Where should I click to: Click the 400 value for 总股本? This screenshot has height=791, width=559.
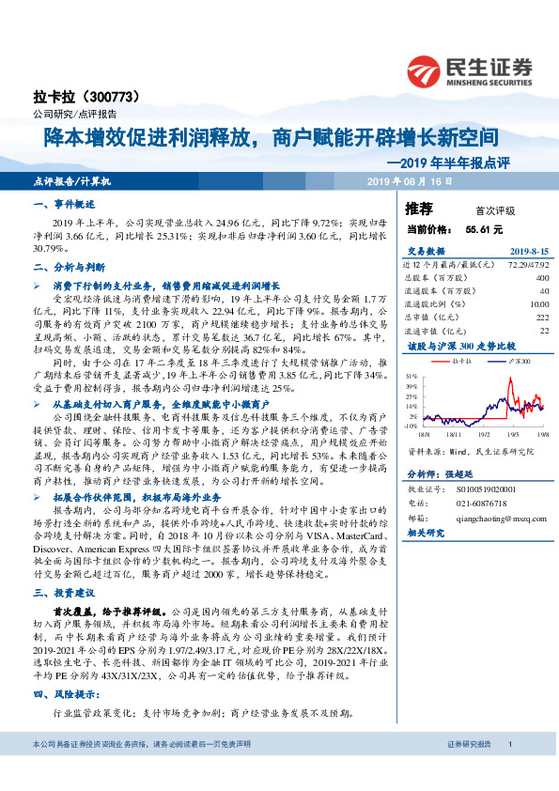coord(541,278)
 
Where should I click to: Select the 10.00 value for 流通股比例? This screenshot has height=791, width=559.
coord(537,303)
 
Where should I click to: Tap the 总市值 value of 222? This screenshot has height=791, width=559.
coord(541,317)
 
